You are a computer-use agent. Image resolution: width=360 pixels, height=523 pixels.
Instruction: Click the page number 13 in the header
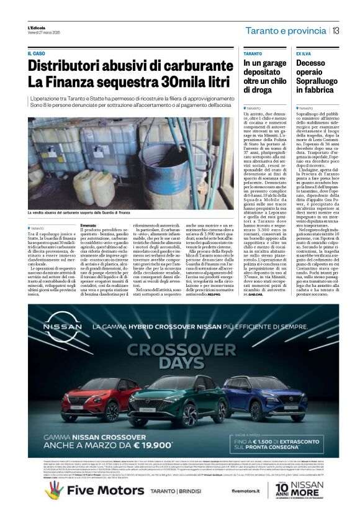coord(335,30)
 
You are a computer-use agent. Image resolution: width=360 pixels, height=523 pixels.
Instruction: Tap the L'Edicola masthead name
coord(37,27)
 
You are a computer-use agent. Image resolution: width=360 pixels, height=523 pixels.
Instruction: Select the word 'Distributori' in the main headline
coord(70,66)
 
